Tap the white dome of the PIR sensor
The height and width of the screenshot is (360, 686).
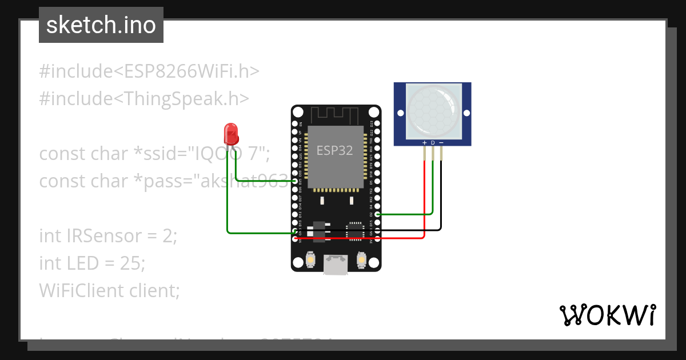coord(432,108)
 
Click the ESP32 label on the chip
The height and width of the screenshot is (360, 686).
coord(334,151)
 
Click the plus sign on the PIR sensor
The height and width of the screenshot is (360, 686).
coord(424,142)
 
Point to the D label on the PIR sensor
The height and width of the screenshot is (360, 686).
coord(433,142)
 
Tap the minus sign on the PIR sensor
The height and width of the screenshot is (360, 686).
coord(441,142)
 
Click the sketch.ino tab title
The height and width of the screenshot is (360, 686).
coord(101,25)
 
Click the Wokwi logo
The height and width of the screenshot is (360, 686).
coord(607,315)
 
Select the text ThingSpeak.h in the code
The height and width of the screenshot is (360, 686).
coord(182,99)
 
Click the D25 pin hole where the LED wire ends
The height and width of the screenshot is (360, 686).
coord(295,181)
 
